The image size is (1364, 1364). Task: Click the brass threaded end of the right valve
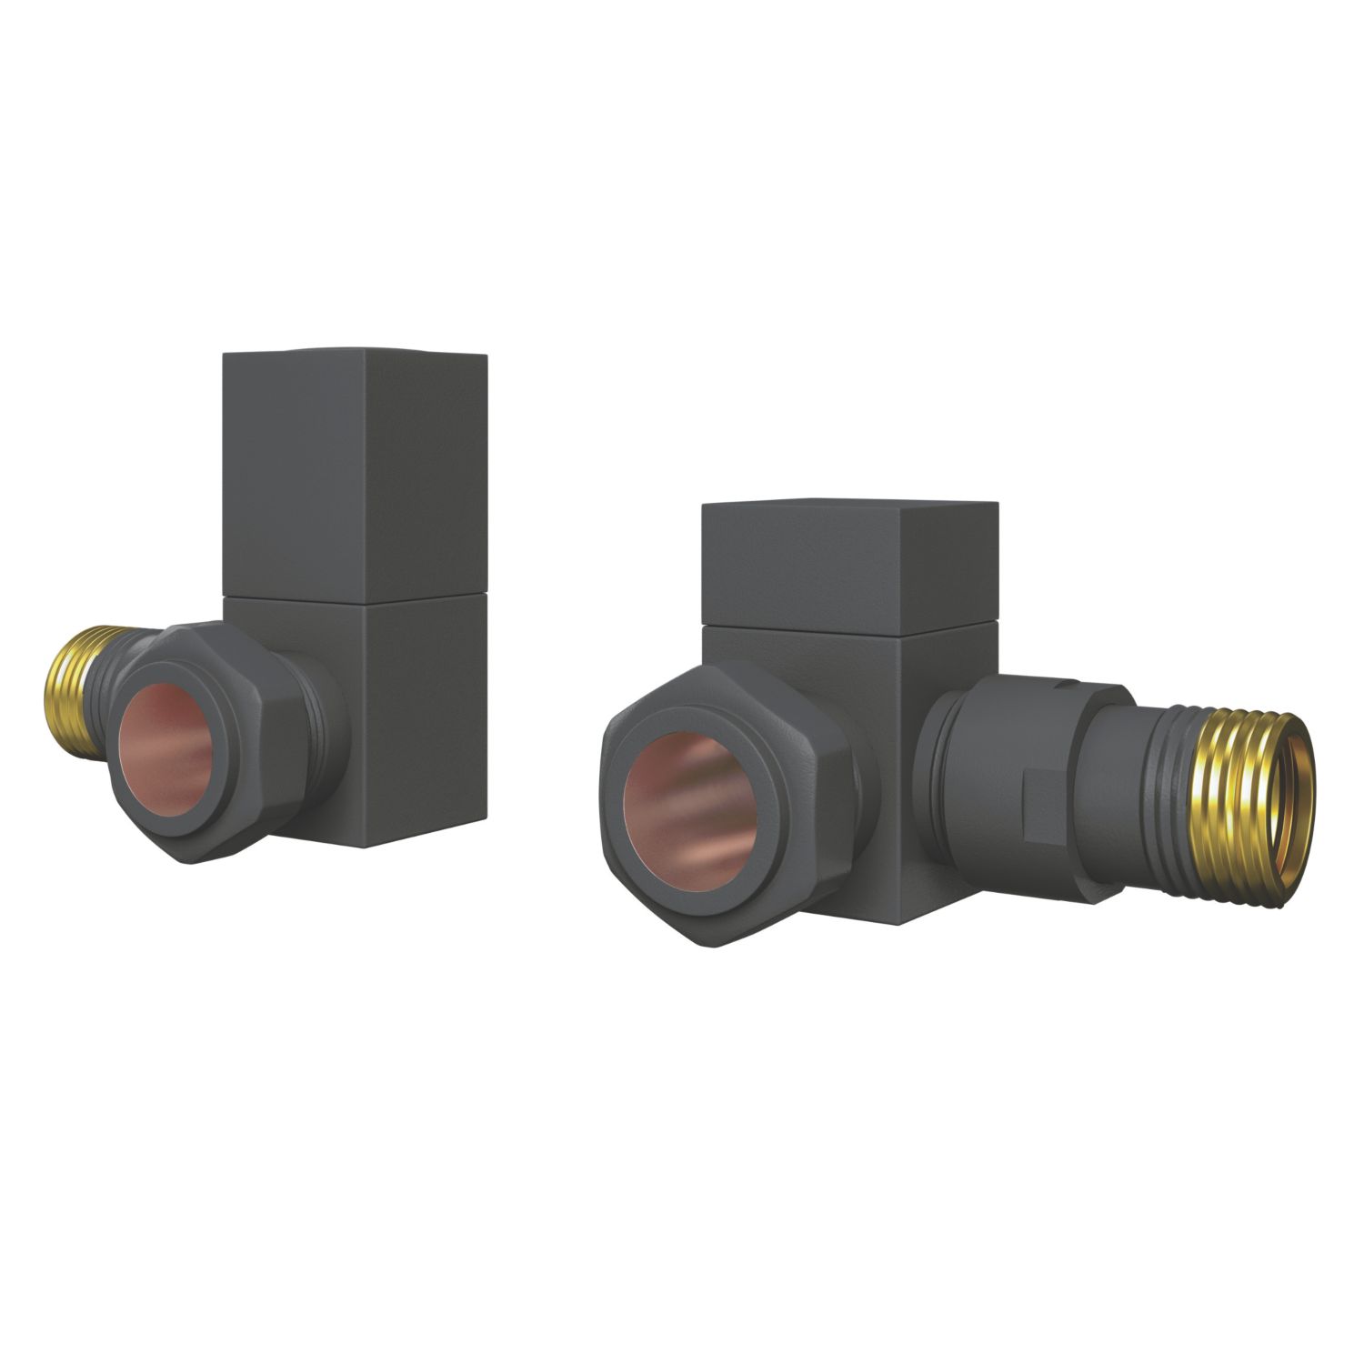click(1246, 782)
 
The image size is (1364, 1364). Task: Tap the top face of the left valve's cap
click(355, 351)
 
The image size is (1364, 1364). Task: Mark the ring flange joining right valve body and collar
click(932, 755)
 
